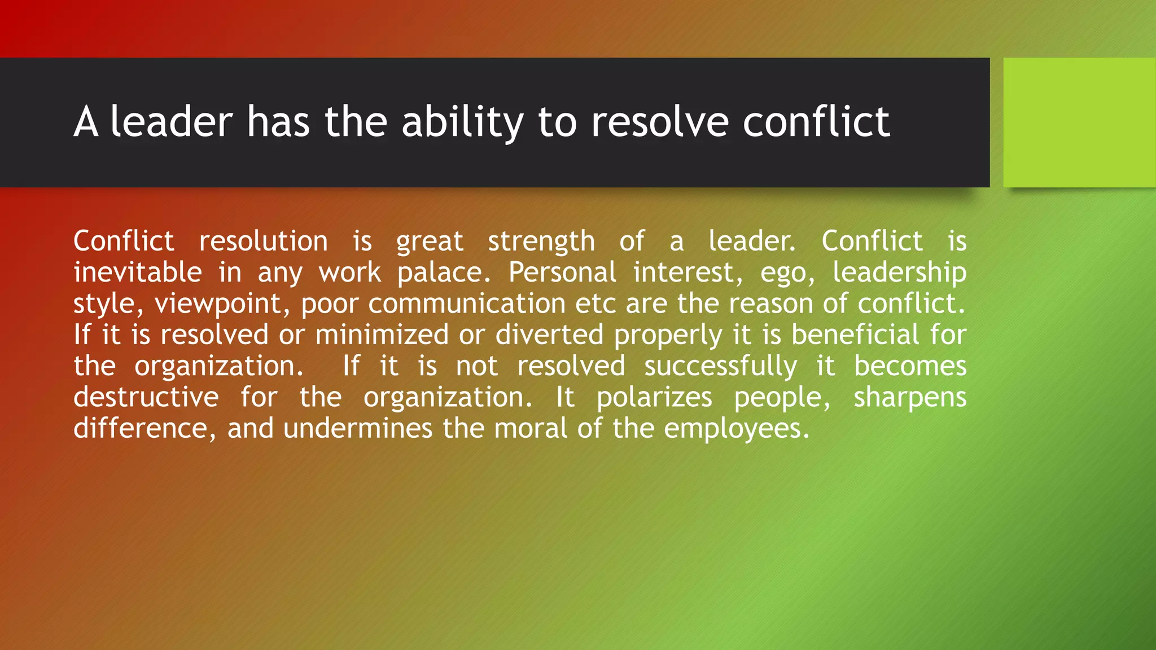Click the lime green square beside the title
click(1079, 122)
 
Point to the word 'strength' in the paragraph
click(541, 242)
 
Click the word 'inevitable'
click(138, 273)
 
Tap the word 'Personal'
click(562, 273)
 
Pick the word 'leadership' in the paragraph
click(899, 273)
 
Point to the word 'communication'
click(467, 304)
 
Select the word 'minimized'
click(382, 335)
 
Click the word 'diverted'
click(549, 335)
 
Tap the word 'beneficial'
click(855, 335)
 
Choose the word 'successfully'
click(720, 366)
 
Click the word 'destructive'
click(146, 397)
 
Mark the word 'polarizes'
click(654, 398)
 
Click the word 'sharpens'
click(909, 398)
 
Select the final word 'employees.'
click(737, 429)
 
